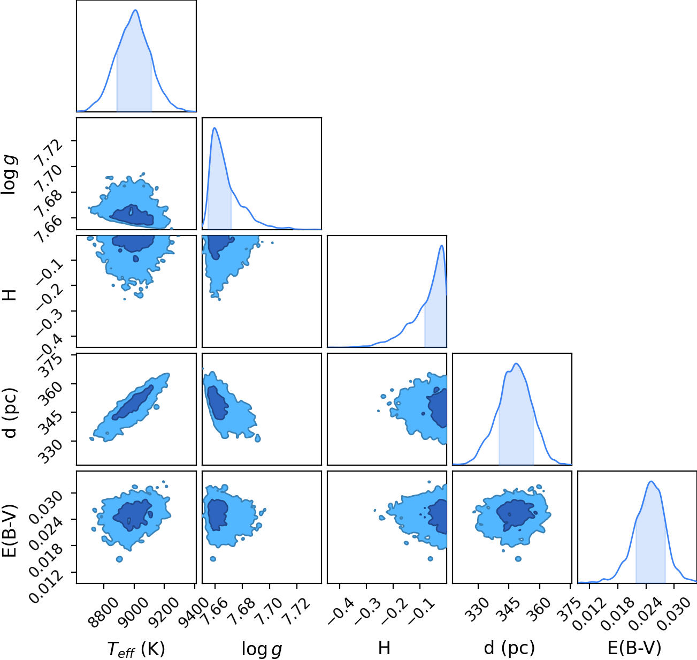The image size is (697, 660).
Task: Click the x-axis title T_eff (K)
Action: click(136, 649)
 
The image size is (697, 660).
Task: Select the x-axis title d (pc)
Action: click(509, 648)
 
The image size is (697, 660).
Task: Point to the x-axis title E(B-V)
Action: click(634, 648)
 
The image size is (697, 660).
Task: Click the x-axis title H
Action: click(384, 648)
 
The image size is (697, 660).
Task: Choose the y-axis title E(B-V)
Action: click(10, 531)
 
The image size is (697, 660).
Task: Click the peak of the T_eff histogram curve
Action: click(135, 10)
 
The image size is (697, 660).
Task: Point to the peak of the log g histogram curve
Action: click(214, 128)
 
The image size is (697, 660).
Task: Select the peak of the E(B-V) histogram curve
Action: click(651, 481)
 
